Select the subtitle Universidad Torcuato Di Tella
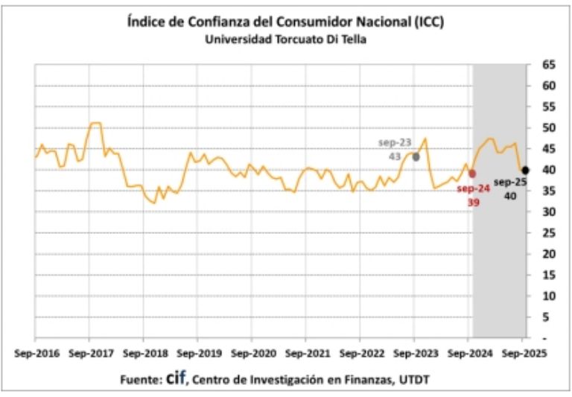(286, 39)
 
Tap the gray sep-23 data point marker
(416, 157)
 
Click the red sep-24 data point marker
(472, 174)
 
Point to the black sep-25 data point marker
(526, 170)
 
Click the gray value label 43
(395, 157)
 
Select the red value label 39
(474, 202)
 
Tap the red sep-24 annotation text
(474, 188)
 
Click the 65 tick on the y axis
(549, 65)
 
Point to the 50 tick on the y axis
(549, 128)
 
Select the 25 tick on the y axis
(549, 233)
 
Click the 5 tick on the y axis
(549, 317)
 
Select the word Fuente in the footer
(140, 380)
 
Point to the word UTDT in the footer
(415, 380)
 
